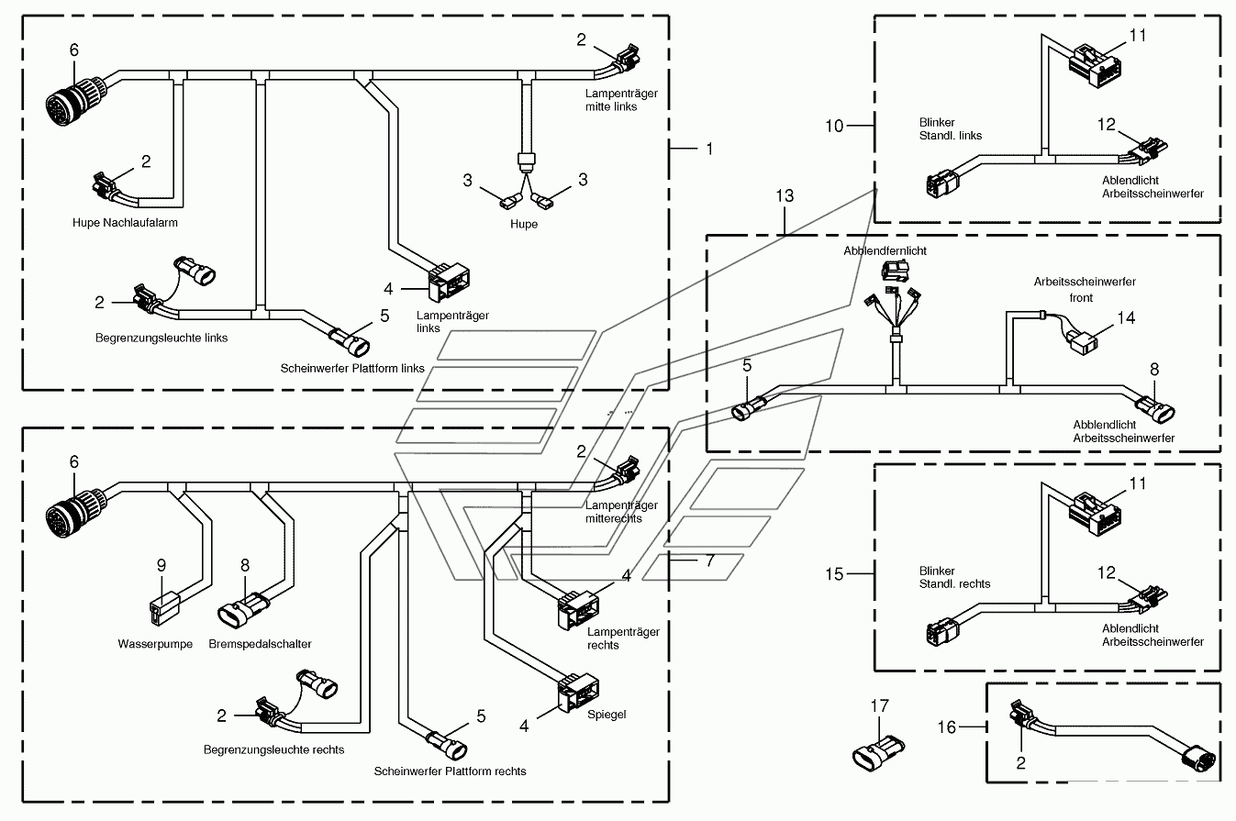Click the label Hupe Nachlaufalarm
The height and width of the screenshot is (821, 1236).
126,223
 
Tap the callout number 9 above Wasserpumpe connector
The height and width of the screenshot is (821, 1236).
161,565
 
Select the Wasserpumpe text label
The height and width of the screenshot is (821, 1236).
155,644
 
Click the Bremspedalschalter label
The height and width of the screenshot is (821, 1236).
260,644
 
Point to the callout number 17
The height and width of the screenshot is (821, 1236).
880,705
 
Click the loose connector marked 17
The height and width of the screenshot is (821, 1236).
878,753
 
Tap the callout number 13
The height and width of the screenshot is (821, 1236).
785,196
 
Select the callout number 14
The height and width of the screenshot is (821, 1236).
1126,317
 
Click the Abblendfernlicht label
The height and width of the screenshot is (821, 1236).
885,251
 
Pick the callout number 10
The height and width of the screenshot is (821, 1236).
834,127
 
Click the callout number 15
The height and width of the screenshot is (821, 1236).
834,574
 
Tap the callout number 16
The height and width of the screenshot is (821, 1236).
947,727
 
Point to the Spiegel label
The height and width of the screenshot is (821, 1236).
607,715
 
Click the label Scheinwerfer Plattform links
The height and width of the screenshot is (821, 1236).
352,368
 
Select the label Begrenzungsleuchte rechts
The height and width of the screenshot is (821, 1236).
273,749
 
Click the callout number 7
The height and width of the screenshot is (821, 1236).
710,560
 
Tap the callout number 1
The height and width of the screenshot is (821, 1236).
710,149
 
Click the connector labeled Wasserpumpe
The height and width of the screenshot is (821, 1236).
164,608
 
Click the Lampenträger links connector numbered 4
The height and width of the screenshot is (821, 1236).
449,283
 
